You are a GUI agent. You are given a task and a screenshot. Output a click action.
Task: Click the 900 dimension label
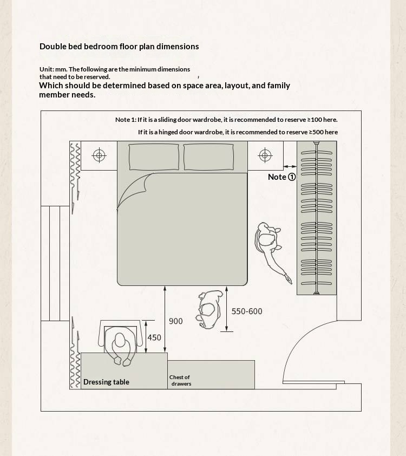tap(176, 321)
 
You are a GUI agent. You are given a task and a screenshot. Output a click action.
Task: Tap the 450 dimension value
tap(154, 337)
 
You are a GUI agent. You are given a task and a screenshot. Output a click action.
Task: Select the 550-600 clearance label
tap(247, 311)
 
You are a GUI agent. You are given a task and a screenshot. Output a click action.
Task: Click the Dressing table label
tap(106, 382)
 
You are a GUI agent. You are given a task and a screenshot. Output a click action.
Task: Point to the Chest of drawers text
tap(180, 380)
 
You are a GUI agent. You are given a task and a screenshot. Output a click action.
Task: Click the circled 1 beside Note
tap(291, 177)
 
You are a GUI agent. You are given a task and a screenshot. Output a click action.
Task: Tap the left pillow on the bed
tap(154, 157)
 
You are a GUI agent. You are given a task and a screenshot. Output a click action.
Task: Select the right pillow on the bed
tap(208, 157)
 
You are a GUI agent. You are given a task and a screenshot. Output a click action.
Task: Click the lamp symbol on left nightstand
tap(99, 155)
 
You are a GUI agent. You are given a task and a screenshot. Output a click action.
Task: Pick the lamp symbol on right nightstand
tap(265, 155)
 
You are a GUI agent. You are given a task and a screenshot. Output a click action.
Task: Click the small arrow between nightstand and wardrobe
tap(290, 166)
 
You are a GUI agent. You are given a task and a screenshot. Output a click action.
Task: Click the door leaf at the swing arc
tap(313, 382)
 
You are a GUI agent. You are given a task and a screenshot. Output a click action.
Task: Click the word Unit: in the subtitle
tap(47, 69)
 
